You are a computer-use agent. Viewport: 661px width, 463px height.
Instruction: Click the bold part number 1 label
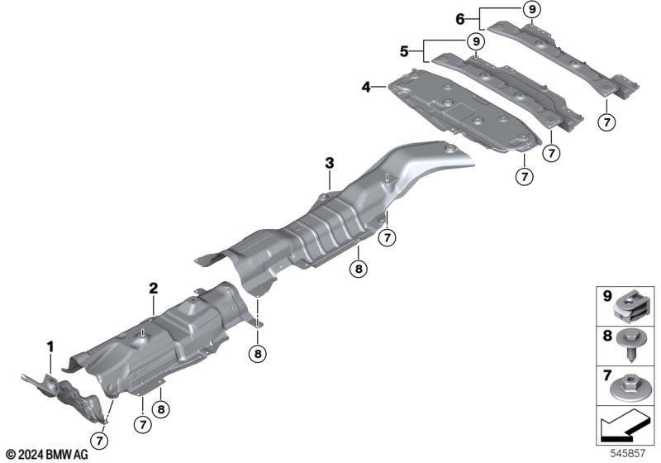[50, 347]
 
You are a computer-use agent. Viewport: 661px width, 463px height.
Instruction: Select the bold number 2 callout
[154, 289]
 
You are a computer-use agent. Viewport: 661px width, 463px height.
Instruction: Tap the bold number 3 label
[329, 162]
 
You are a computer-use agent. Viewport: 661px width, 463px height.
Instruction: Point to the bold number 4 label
[366, 88]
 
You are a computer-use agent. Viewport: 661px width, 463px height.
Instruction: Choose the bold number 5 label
[404, 51]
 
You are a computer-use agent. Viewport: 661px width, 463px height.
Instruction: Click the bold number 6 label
[460, 19]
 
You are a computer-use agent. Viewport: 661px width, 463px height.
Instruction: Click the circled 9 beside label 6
[532, 9]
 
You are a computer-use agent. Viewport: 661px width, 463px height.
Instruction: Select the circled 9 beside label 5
[476, 41]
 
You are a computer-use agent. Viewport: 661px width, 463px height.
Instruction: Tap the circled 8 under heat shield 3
[359, 269]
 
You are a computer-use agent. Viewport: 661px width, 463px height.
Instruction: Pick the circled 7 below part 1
[100, 441]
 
